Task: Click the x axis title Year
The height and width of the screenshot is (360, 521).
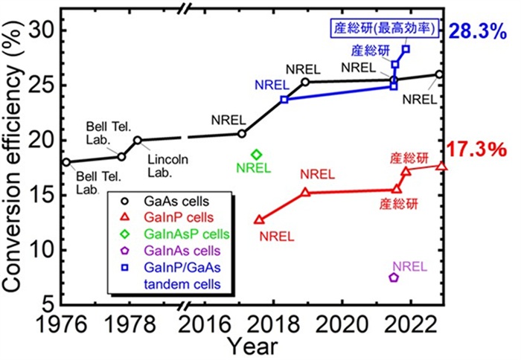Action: [x=253, y=346]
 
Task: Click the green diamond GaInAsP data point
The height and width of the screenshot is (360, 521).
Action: [x=257, y=154]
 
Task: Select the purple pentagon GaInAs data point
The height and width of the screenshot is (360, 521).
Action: [x=394, y=277]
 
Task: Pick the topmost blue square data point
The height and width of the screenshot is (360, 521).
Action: [x=406, y=49]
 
